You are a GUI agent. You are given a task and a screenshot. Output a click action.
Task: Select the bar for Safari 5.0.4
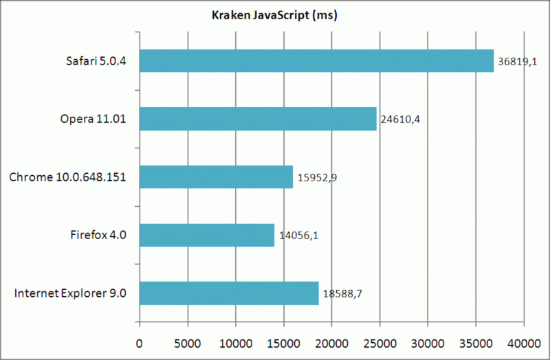[x=316, y=60]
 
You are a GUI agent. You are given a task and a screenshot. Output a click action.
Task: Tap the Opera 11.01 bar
[x=258, y=119]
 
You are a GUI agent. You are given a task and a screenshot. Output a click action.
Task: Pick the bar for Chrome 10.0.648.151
[x=216, y=177]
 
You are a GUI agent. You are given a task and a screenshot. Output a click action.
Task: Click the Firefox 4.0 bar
[x=207, y=235]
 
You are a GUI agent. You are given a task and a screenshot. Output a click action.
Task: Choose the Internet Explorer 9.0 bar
[x=229, y=293]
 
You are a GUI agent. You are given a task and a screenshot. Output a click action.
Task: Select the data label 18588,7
[x=343, y=294]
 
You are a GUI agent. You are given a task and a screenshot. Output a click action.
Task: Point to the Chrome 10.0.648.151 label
[x=72, y=177]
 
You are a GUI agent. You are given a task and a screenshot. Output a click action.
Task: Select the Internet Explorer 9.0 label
[x=75, y=294]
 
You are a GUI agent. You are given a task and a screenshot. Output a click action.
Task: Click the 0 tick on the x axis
[x=140, y=341]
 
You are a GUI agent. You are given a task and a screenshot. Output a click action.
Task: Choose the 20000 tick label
[x=331, y=341]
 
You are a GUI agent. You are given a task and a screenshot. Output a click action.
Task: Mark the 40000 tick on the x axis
[x=523, y=341]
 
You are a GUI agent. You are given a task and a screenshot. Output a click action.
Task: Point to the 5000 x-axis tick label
[x=187, y=341]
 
